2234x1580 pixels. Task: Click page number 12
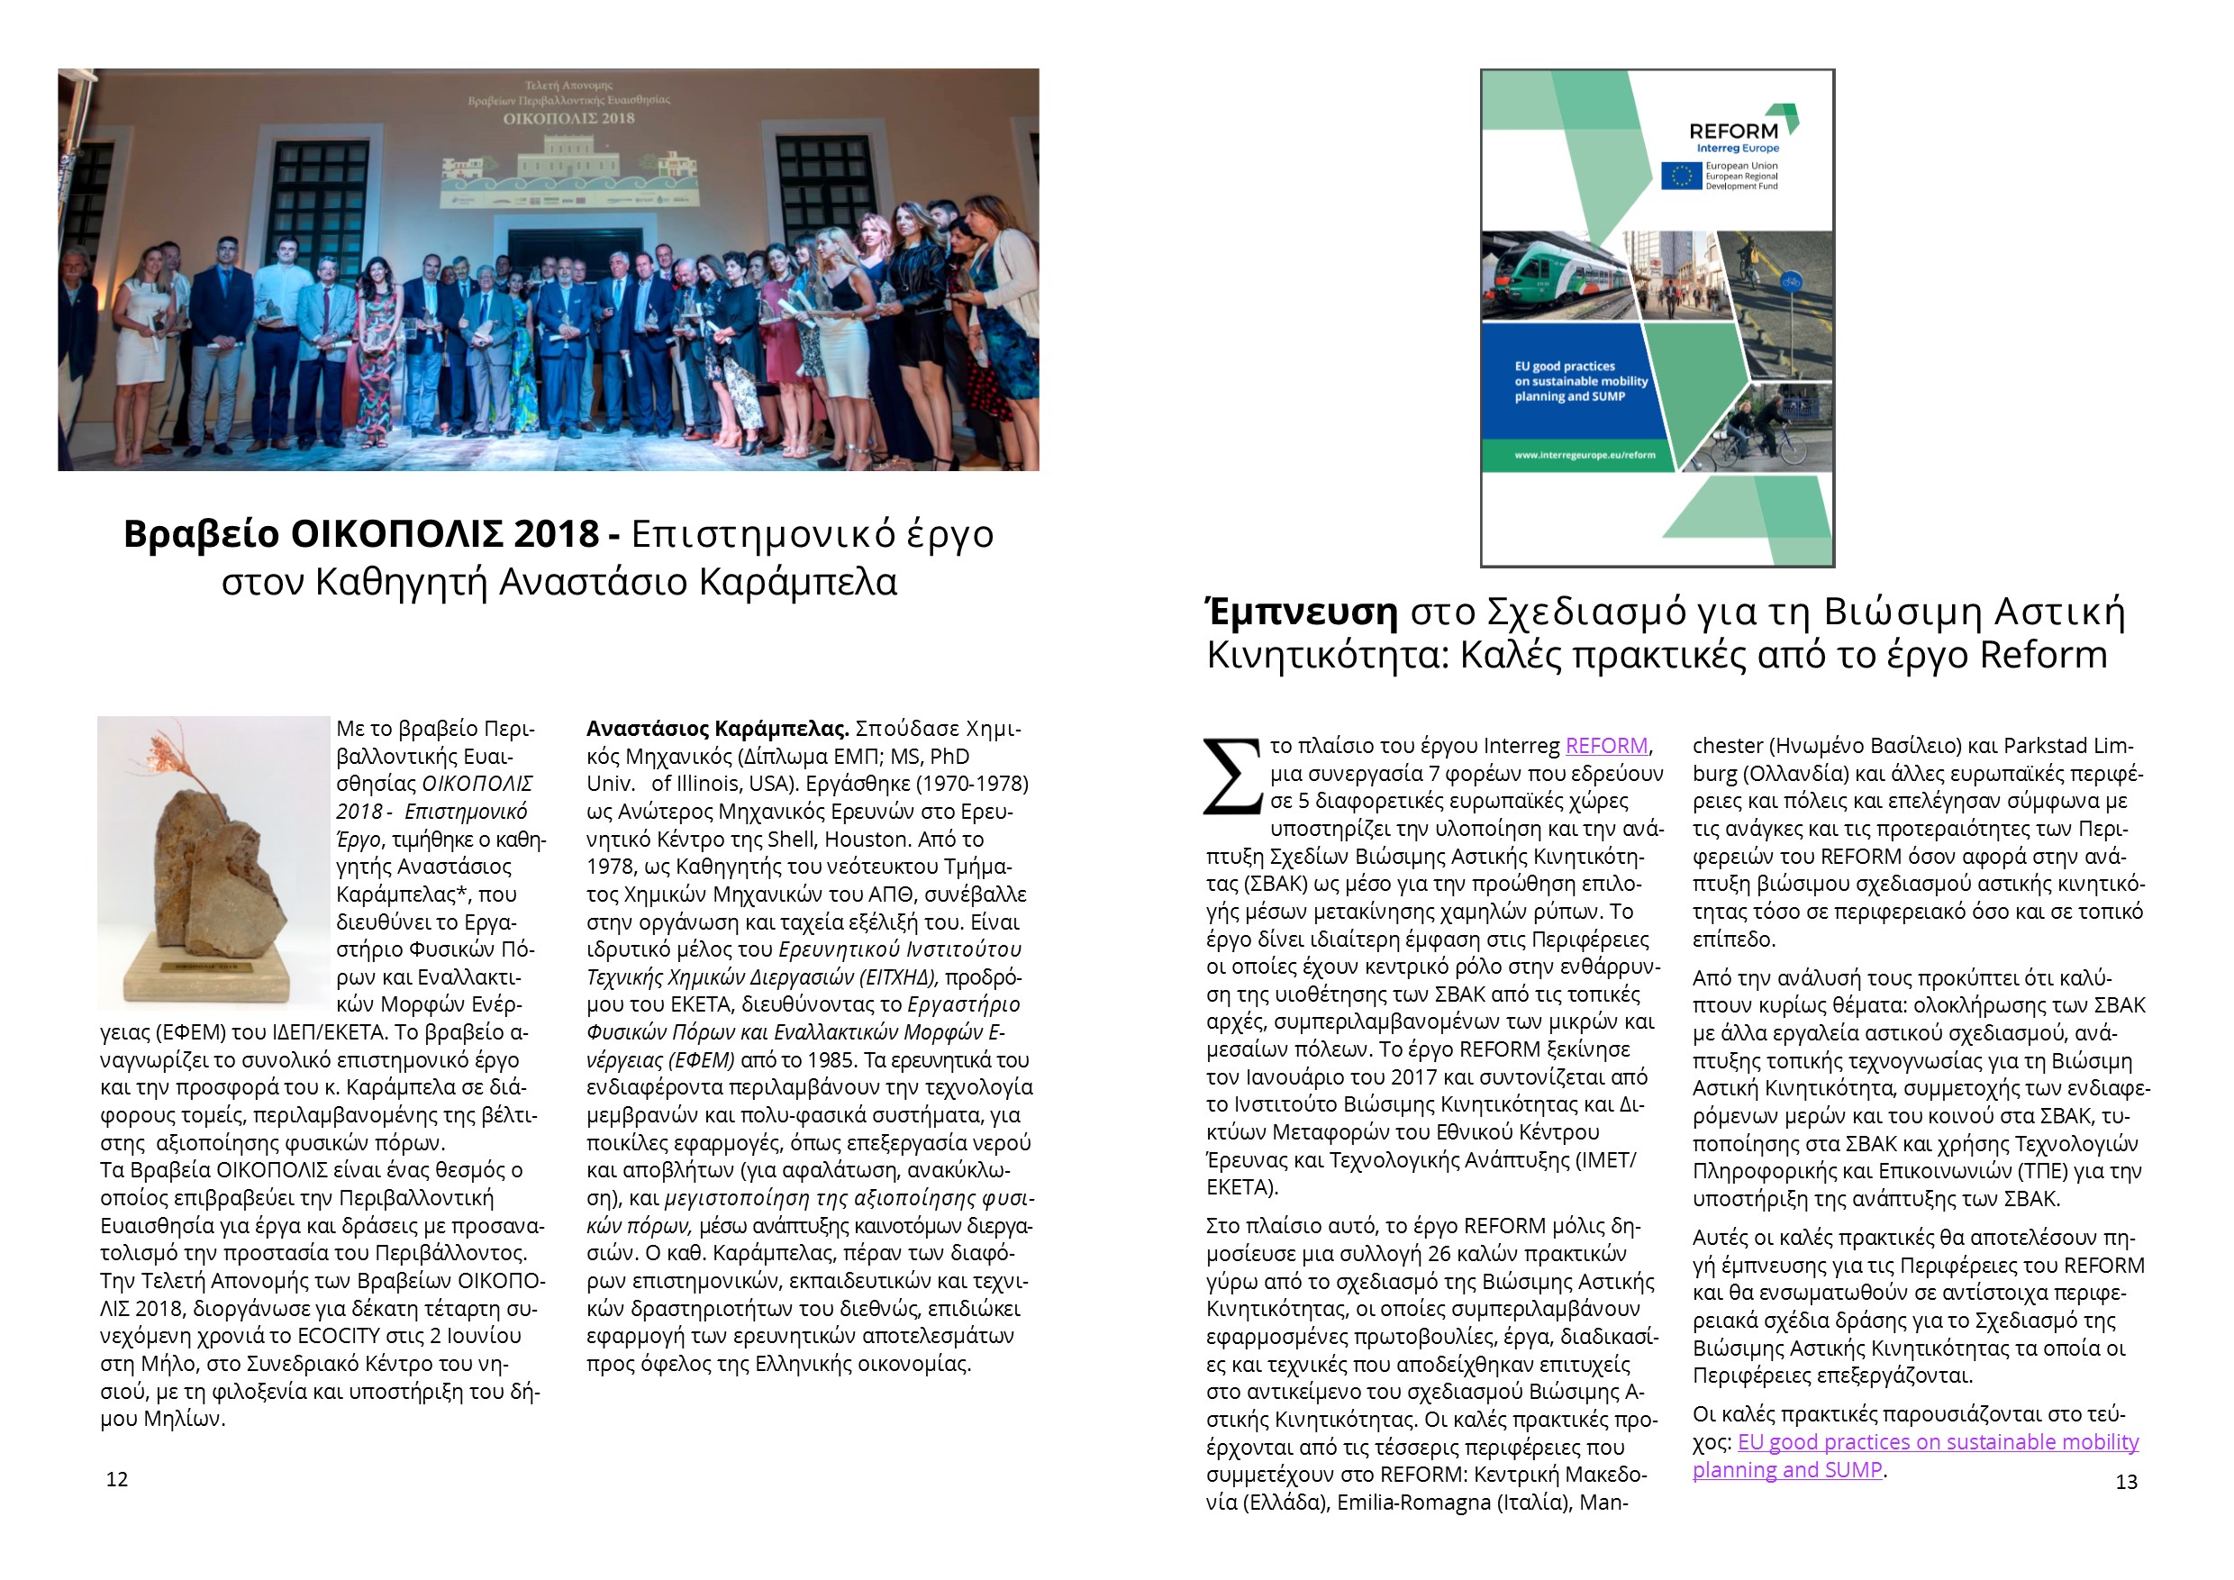pos(117,1480)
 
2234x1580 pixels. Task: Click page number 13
pos(2126,1482)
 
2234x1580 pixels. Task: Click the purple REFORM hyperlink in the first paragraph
pos(1606,746)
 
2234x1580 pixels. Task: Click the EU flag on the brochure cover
pos(1680,176)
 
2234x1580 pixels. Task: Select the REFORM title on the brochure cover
pos(1733,132)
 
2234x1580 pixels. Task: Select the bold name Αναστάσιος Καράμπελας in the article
pos(717,729)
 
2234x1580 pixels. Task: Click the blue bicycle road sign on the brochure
pos(1789,283)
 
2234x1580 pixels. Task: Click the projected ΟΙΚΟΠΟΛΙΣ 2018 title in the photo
pos(568,119)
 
